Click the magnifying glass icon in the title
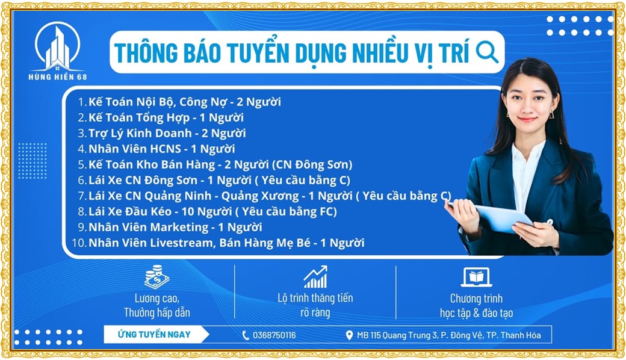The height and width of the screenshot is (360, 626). tap(487, 52)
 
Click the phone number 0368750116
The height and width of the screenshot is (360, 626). tap(274, 335)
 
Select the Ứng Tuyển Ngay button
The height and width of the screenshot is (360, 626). tap(155, 335)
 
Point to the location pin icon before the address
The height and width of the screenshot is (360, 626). tap(349, 335)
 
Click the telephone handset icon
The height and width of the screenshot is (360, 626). tap(246, 335)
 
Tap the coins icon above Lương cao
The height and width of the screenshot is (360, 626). tap(156, 276)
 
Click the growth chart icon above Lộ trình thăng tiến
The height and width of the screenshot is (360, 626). tap(315, 276)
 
